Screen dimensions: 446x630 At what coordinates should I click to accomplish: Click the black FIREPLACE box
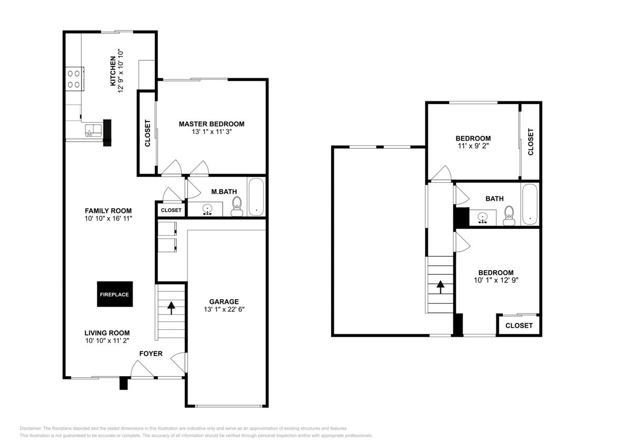115,294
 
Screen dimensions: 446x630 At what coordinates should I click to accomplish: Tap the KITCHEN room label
112,71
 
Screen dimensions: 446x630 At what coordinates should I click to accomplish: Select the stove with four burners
73,79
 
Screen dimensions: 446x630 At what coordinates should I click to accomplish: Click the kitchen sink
93,131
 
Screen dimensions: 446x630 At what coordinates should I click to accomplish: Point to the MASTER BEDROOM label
211,124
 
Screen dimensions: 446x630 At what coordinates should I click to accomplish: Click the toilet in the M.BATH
236,206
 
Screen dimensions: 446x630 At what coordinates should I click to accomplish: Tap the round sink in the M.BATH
208,209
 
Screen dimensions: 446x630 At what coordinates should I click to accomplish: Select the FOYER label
151,354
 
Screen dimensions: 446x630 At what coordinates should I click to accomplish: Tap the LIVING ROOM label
107,333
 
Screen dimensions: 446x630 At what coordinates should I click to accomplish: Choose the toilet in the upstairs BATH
509,215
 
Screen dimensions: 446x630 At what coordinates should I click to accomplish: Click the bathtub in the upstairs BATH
530,205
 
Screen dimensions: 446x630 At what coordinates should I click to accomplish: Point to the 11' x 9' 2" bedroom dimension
473,146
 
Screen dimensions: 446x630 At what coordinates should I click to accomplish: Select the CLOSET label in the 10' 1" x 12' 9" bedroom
519,326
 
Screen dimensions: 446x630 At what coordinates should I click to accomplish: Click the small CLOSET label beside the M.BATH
171,210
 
